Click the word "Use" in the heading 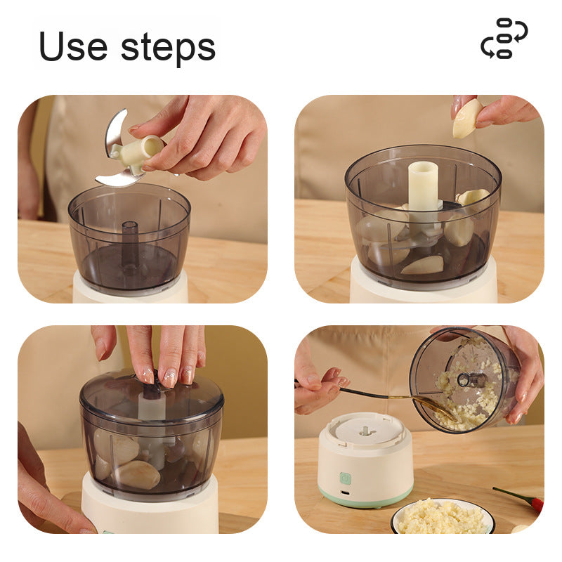pos(73,46)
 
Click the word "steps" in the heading pos(168,48)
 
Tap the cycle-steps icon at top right pos(504,39)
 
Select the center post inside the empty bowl pos(130,244)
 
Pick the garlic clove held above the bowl pos(466,118)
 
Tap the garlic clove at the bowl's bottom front pos(422,265)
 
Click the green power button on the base pos(345,478)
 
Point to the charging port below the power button pos(346,493)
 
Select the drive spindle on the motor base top pos(365,431)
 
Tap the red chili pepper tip pos(537,504)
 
